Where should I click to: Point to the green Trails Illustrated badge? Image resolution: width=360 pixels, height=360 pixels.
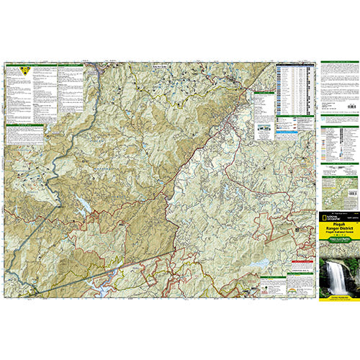click(x=336, y=251)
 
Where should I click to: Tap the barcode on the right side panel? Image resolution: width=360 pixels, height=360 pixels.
click(x=351, y=106)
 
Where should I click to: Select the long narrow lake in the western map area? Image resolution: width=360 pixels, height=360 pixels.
click(x=84, y=207)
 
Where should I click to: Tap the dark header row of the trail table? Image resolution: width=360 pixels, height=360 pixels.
click(x=294, y=66)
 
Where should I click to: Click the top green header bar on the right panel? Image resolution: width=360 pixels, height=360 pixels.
click(x=336, y=63)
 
